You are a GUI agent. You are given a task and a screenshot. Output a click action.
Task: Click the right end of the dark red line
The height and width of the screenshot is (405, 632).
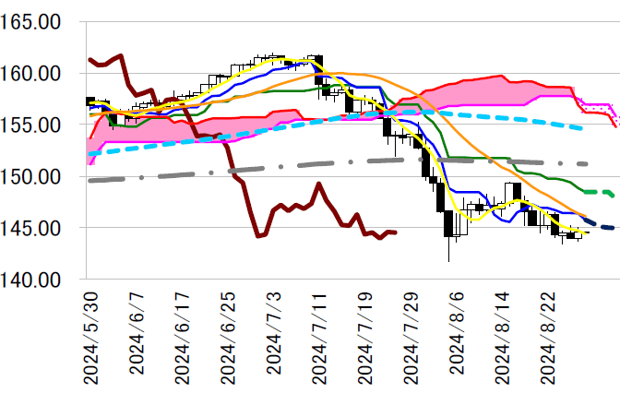click(x=396, y=232)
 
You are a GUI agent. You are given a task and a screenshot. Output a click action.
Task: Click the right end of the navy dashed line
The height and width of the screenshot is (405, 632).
click(x=616, y=229)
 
